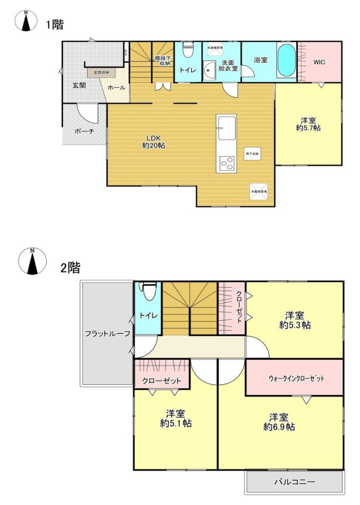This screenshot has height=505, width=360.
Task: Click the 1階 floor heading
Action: tap(54, 24)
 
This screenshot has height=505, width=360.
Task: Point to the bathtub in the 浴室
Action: tap(286, 61)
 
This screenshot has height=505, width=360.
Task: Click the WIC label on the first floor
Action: tap(319, 62)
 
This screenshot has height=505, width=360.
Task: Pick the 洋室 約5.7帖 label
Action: tap(308, 124)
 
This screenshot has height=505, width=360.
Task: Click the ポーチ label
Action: tap(84, 131)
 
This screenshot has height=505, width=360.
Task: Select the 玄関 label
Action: tap(79, 85)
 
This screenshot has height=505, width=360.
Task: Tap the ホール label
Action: tap(116, 88)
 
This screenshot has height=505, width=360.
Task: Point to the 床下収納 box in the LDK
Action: tap(252, 154)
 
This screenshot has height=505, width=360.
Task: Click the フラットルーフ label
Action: tap(107, 333)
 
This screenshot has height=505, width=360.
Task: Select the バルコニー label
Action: tap(294, 482)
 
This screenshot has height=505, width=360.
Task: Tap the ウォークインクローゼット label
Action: tap(296, 378)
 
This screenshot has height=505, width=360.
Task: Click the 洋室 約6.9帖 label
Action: tap(279, 422)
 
